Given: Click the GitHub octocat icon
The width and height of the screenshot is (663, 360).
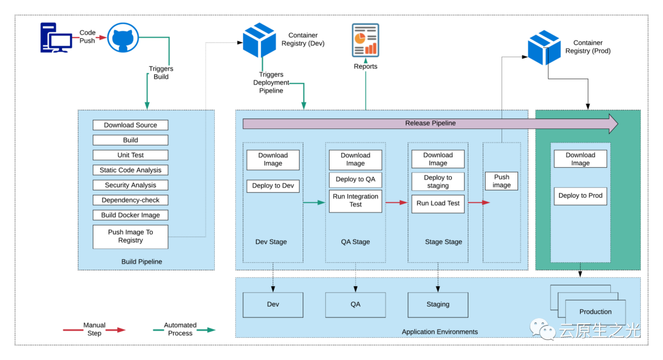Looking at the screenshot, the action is coord(123,37).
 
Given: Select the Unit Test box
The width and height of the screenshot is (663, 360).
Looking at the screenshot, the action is coord(130,155).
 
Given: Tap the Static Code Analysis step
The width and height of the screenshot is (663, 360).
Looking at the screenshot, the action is coord(130,170).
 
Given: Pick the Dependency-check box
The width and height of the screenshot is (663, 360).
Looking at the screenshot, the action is coord(130,200).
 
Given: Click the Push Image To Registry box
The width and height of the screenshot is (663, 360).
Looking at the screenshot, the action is coord(130,237).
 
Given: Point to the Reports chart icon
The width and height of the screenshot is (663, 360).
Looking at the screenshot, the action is coord(365,40).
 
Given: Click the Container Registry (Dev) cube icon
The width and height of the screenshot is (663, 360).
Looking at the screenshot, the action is coord(260,40).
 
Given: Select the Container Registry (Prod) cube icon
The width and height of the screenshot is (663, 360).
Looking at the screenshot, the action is coord(544,47).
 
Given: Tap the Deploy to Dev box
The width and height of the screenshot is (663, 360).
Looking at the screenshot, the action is coord(273,186).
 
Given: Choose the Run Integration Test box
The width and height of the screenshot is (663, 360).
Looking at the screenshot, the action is coord(355,201).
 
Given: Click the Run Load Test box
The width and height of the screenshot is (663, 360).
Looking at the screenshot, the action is coord(438,203).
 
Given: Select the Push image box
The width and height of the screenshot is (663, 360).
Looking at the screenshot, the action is coord(502,181).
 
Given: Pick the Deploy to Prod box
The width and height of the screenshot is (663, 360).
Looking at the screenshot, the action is coord(580,196).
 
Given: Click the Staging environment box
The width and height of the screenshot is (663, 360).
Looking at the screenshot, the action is coord(438,305).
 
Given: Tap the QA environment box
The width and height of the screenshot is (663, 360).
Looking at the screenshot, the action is coord(355,305).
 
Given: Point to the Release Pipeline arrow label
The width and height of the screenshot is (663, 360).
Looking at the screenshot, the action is coord(430,123).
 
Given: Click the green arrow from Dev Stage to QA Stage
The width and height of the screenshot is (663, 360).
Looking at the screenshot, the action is coord(314,203).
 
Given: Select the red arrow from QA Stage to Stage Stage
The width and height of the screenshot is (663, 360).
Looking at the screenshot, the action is coord(396,203).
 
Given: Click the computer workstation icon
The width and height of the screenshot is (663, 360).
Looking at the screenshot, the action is coord(56,37).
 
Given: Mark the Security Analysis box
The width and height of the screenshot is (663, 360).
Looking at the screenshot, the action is coord(130,185).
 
